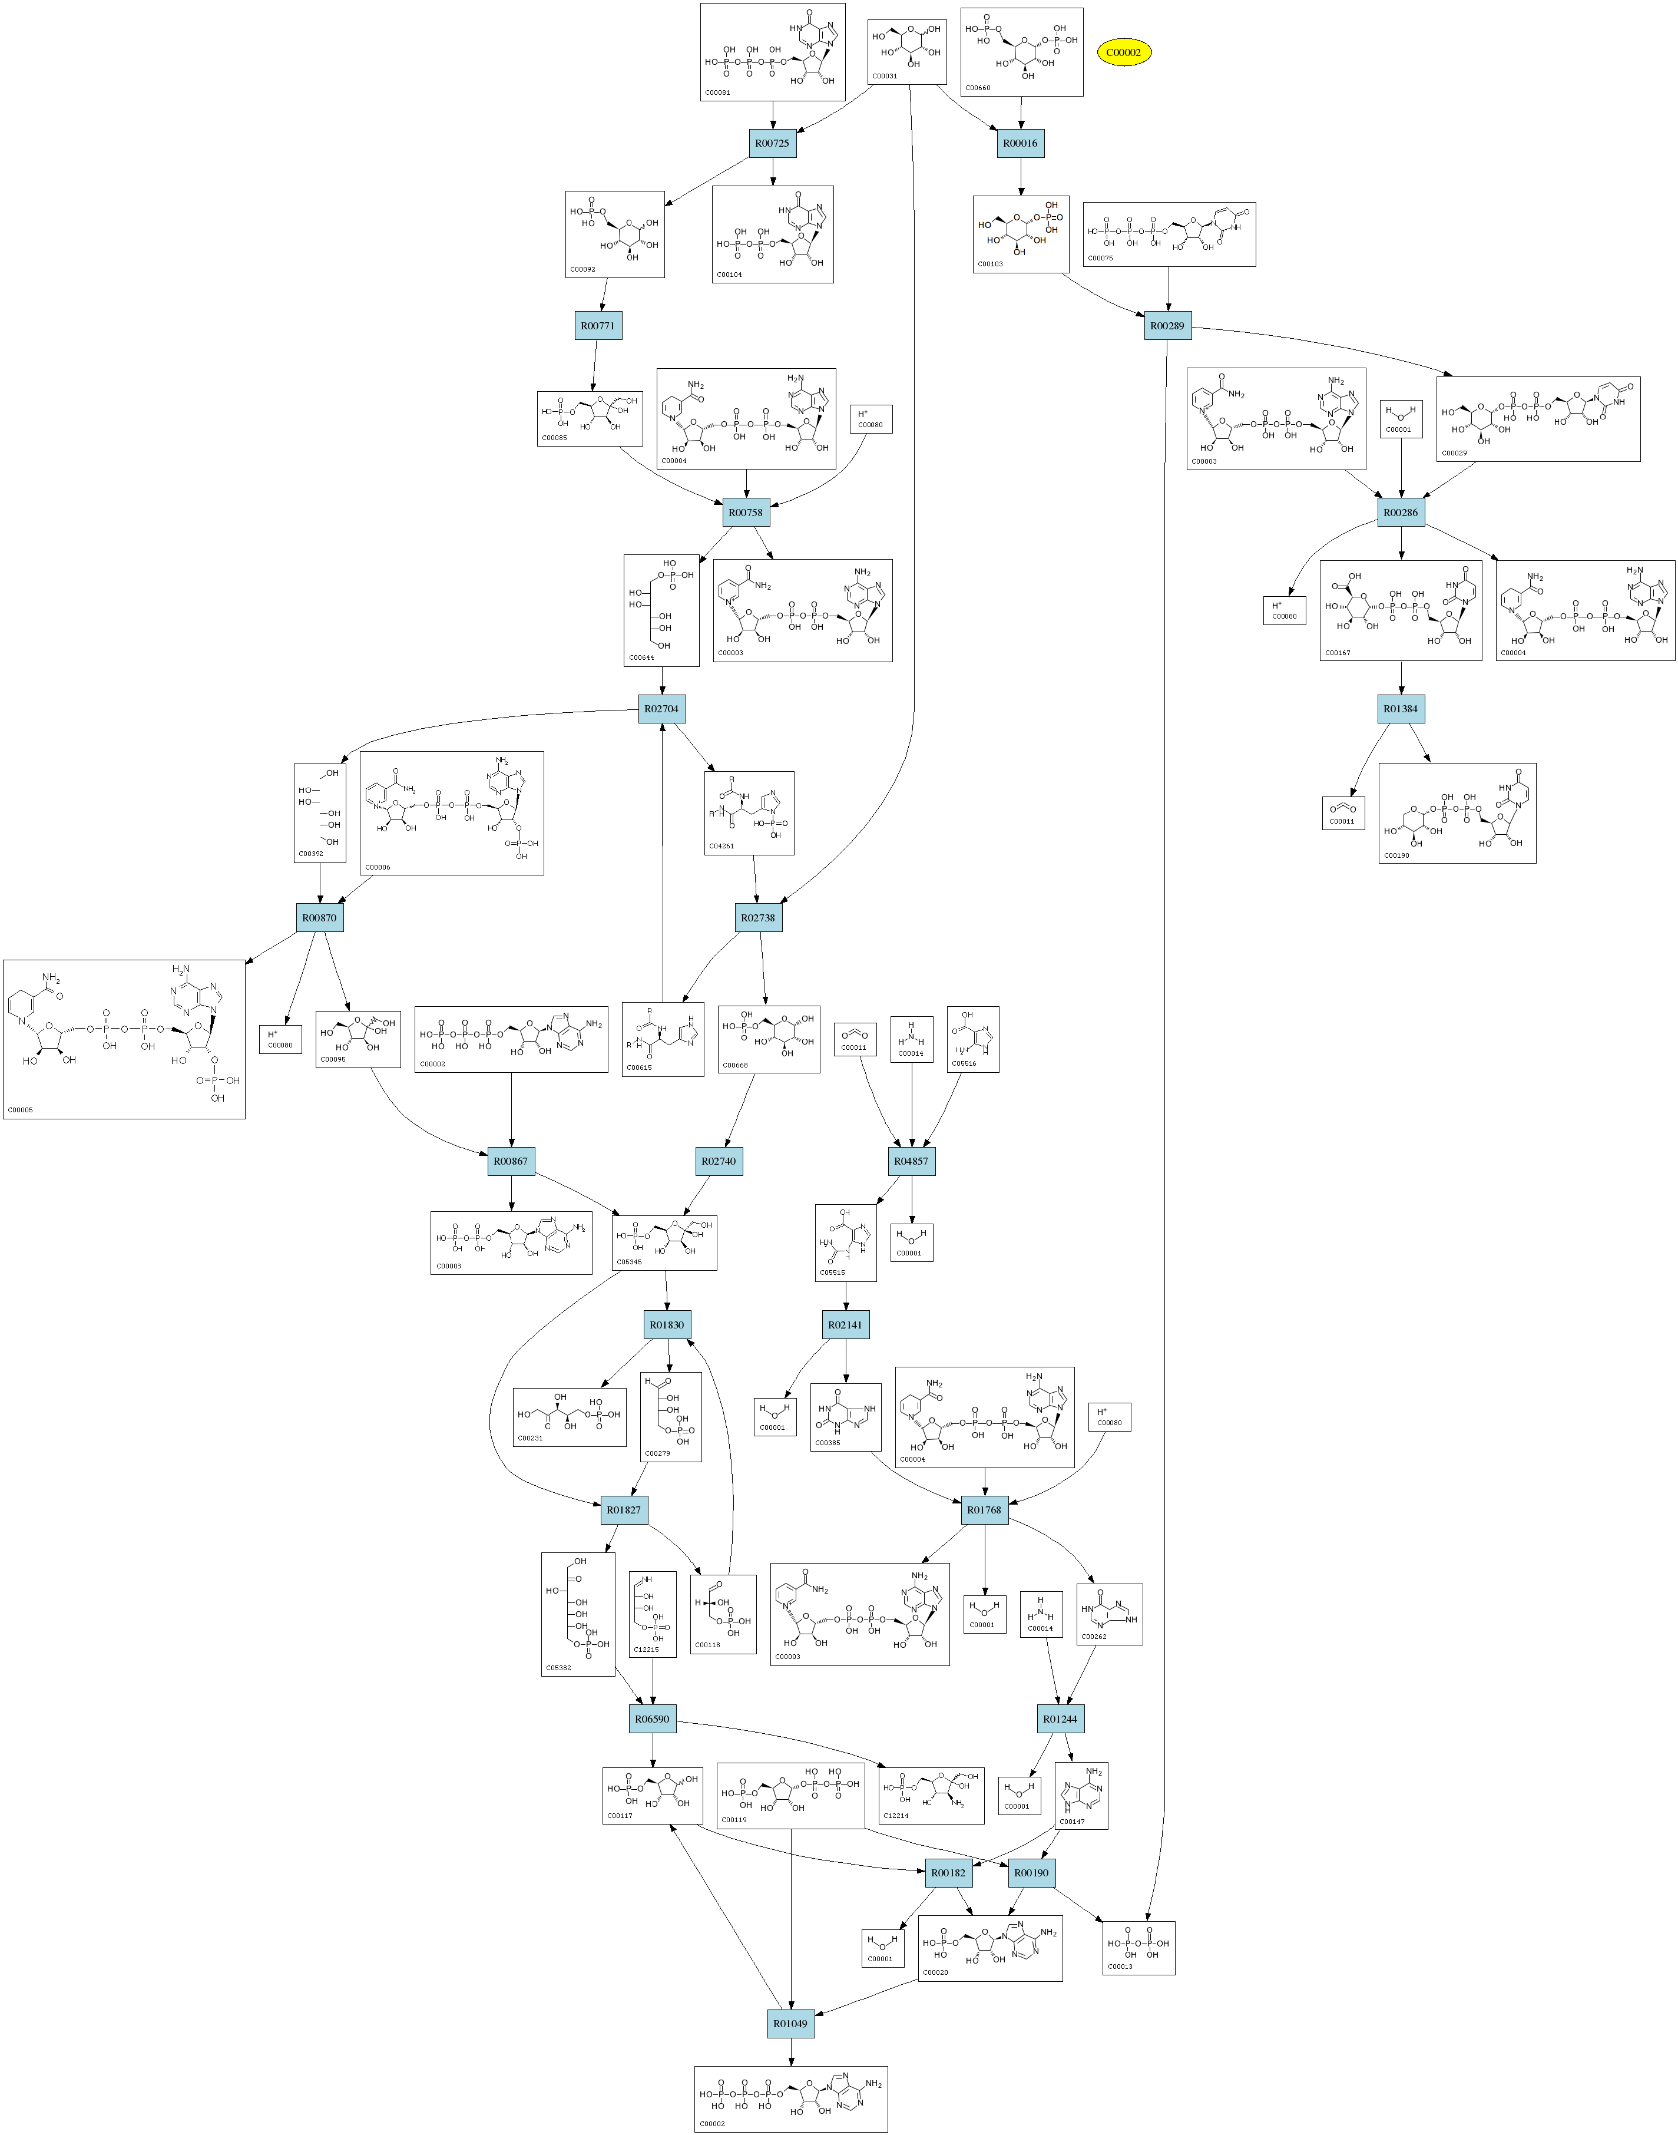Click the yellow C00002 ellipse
pyautogui.click(x=1123, y=52)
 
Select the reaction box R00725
pyautogui.click(x=772, y=143)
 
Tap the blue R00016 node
pyautogui.click(x=1020, y=143)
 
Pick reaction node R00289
pyautogui.click(x=1167, y=326)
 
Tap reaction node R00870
pyautogui.click(x=319, y=918)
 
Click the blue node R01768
pyautogui.click(x=984, y=1510)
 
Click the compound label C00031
pyautogui.click(x=884, y=75)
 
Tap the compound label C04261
pyautogui.click(x=721, y=846)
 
